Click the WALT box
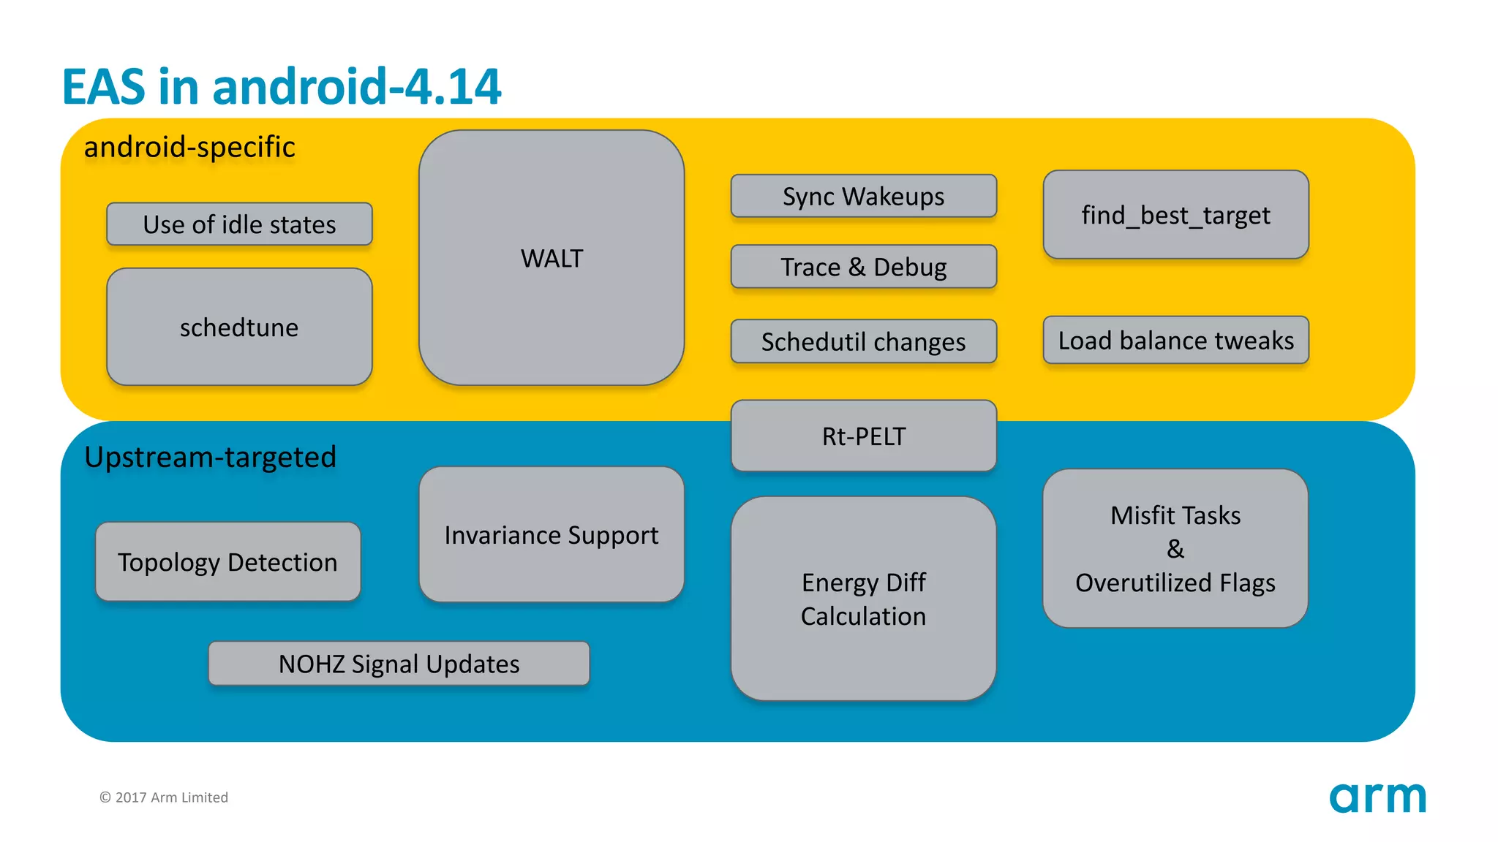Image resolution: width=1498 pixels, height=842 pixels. click(x=552, y=258)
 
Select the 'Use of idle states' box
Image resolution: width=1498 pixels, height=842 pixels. click(x=239, y=224)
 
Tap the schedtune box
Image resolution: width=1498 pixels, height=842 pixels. click(x=239, y=327)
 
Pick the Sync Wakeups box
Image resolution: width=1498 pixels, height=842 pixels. click(x=863, y=196)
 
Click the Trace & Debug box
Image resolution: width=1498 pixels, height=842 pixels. click(x=863, y=267)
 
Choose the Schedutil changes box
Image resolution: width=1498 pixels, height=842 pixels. click(x=863, y=341)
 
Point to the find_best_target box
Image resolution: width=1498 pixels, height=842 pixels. click(x=1175, y=215)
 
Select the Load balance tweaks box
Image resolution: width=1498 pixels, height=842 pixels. click(x=1175, y=340)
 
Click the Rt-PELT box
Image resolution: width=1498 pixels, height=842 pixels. click(x=863, y=436)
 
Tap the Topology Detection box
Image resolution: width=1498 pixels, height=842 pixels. click(x=227, y=561)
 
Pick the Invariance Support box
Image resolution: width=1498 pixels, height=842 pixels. click(x=552, y=534)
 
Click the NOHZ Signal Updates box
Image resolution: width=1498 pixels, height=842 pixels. click(x=399, y=664)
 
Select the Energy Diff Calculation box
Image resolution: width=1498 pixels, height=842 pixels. click(x=863, y=599)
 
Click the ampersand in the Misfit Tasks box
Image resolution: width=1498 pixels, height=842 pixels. click(x=1175, y=548)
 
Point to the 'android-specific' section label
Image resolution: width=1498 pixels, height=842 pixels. click(x=189, y=147)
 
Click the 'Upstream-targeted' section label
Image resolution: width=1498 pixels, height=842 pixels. click(x=210, y=457)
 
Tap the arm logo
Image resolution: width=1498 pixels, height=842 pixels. click(x=1377, y=797)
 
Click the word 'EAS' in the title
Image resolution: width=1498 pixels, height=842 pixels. click(x=104, y=86)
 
